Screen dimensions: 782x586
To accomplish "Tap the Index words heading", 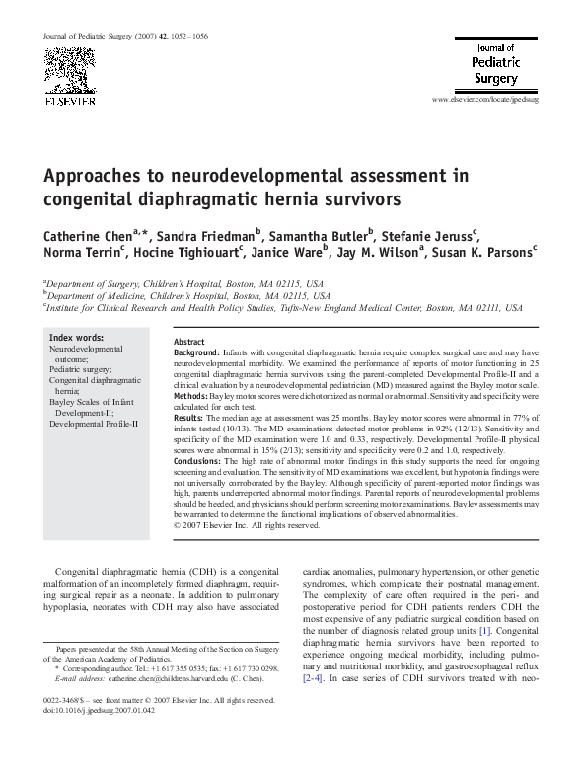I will coord(76,338).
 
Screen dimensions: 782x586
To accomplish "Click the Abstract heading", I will coord(189,341).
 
